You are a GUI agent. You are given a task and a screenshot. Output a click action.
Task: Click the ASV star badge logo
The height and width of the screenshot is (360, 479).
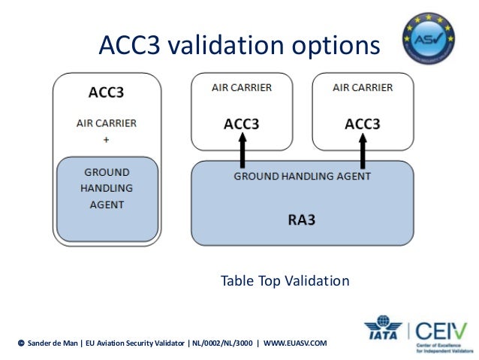tap(429, 37)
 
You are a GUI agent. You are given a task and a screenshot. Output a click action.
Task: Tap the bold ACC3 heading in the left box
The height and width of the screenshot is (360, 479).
tap(106, 94)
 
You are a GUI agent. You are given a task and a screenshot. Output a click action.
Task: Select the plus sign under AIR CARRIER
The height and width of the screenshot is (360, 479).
tap(106, 140)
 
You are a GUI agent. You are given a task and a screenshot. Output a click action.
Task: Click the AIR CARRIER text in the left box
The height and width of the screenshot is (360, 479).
tap(106, 123)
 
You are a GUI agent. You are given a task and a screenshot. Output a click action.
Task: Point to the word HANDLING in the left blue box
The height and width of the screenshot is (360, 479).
tap(106, 188)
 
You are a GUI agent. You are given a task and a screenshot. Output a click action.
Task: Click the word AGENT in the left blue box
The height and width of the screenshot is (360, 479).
tap(106, 204)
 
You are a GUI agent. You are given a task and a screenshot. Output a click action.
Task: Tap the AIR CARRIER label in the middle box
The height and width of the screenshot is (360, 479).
tap(242, 88)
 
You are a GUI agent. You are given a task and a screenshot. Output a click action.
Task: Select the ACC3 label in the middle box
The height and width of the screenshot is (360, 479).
tap(242, 124)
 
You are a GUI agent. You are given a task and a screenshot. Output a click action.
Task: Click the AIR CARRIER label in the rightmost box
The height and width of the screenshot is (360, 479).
tap(362, 88)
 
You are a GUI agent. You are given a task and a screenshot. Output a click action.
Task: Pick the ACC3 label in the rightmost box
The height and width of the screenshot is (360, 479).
tap(362, 124)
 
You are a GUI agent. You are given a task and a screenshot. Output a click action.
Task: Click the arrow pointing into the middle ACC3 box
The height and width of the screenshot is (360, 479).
tap(242, 151)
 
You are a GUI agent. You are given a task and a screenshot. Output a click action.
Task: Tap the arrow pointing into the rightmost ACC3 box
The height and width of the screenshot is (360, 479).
tap(362, 151)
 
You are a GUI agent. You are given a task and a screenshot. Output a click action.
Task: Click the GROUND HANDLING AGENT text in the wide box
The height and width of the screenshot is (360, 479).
tap(302, 177)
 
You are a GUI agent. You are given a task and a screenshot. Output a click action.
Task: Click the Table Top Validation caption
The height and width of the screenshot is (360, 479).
tap(285, 281)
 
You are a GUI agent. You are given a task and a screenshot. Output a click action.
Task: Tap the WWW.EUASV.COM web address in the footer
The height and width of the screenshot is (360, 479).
tap(295, 343)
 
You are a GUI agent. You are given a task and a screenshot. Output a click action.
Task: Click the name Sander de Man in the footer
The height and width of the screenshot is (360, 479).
tap(53, 343)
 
